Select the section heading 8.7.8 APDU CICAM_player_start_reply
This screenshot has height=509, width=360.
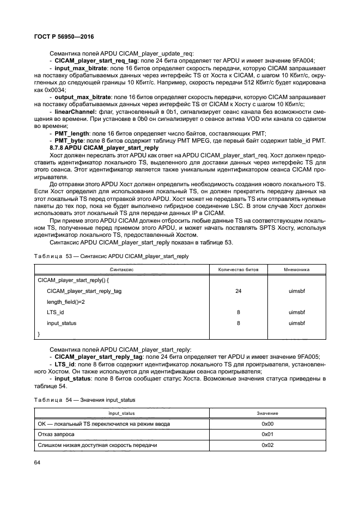click(104, 148)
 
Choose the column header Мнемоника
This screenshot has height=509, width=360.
click(297, 269)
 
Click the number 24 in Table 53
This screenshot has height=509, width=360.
click(238, 291)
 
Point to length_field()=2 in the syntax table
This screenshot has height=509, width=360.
click(66, 302)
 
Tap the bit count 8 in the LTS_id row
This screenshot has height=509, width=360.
click(238, 312)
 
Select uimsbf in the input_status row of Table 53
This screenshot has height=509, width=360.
click(297, 323)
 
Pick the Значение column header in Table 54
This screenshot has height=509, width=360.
click(266, 414)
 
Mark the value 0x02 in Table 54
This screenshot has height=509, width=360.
click(266, 445)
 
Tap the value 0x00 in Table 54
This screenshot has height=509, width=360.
click(266, 424)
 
